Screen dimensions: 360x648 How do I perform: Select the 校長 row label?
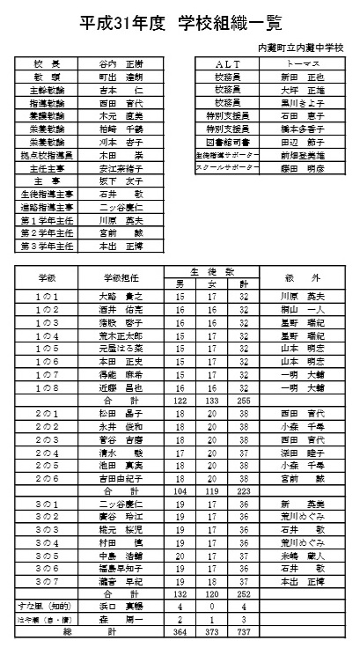[x=47, y=64]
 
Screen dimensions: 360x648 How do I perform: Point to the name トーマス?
[x=302, y=64]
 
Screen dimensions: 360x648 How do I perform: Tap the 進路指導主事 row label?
[x=47, y=207]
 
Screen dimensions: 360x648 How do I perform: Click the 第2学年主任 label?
[x=47, y=232]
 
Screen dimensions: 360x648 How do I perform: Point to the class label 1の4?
[x=46, y=335]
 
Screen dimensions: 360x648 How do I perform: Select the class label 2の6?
[x=46, y=478]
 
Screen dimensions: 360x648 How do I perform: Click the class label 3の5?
[x=46, y=556]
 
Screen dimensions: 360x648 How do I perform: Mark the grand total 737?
[x=242, y=632]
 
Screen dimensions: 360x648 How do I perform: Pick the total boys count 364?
[x=180, y=632]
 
